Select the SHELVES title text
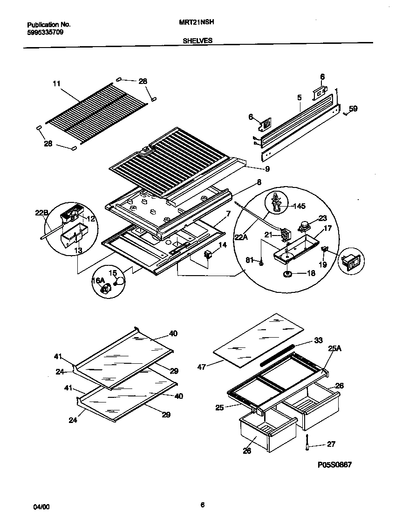(x=197, y=41)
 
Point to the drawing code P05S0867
(x=334, y=464)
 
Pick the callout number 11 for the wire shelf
(x=56, y=84)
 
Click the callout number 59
(x=354, y=109)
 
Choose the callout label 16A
(x=98, y=280)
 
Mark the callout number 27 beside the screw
(x=331, y=444)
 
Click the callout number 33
(x=318, y=340)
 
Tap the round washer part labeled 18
(x=287, y=274)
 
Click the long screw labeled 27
(x=308, y=443)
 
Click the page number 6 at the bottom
(x=202, y=504)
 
